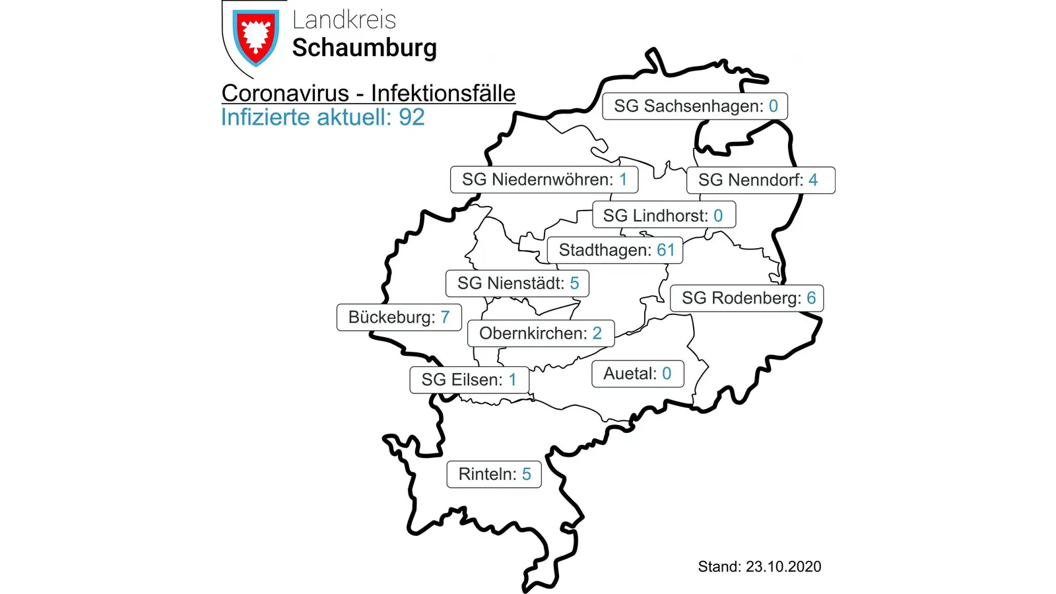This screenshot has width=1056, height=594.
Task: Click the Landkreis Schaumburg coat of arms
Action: (x=255, y=37)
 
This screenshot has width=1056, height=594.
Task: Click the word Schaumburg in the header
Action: (x=364, y=48)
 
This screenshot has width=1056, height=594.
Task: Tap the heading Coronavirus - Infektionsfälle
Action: (x=368, y=94)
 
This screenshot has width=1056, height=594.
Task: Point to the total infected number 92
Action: (x=412, y=117)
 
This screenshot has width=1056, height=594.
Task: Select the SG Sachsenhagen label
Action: (x=695, y=106)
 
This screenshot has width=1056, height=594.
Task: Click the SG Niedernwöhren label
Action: (x=544, y=180)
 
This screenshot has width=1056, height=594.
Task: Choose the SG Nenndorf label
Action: (x=760, y=180)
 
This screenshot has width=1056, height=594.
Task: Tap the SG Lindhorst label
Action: (x=663, y=215)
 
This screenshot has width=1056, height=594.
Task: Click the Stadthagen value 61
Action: (x=666, y=250)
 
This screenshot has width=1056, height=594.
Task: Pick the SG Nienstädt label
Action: (x=517, y=284)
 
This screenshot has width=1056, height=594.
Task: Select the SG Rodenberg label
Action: (x=747, y=298)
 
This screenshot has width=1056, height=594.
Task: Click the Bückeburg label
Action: (x=399, y=317)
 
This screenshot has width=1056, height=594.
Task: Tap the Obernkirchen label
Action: (x=541, y=333)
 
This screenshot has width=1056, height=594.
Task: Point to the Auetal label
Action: (x=637, y=374)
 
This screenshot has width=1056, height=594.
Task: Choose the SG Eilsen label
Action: (x=469, y=380)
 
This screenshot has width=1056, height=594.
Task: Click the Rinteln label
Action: (x=494, y=475)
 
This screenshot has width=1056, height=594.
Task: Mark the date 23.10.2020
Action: (x=783, y=567)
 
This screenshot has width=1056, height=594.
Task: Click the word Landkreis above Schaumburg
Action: (x=344, y=20)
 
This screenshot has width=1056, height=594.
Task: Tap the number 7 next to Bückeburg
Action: (x=445, y=317)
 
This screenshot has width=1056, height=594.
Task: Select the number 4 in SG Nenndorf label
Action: (x=813, y=180)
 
